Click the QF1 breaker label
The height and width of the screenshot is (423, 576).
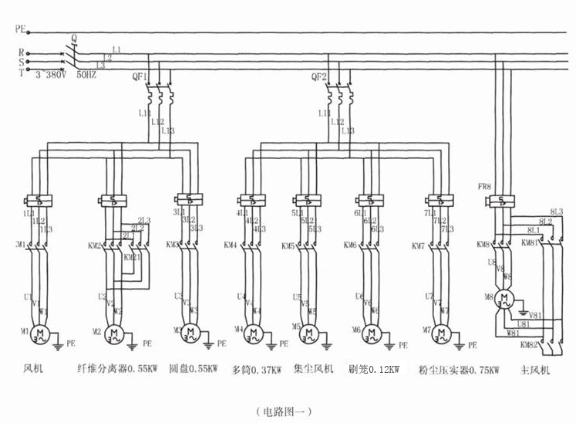pyautogui.click(x=140, y=76)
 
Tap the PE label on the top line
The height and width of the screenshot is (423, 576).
pyautogui.click(x=20, y=31)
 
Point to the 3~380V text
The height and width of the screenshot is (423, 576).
pyautogui.click(x=51, y=76)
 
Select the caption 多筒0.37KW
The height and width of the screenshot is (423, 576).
pyautogui.click(x=257, y=370)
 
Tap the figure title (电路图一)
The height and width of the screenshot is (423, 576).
pyautogui.click(x=285, y=411)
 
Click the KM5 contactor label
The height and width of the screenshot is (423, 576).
pyautogui.click(x=287, y=247)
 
